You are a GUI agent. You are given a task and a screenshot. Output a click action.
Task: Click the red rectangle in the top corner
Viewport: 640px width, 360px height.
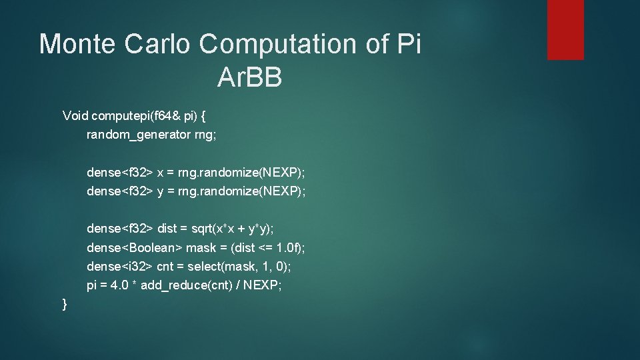[565, 29]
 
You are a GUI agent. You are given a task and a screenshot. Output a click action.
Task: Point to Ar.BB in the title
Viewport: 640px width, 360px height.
[250, 78]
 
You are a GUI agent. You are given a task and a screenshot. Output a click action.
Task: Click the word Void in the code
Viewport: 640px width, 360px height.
[75, 115]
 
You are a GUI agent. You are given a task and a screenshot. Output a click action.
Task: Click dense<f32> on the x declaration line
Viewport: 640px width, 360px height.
[120, 173]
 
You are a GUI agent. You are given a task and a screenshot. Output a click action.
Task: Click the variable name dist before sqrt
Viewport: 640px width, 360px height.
[167, 229]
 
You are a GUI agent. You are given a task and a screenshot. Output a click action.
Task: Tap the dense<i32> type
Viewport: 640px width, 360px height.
[120, 267]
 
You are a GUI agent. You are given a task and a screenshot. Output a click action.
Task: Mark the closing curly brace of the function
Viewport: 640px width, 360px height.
[65, 304]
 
